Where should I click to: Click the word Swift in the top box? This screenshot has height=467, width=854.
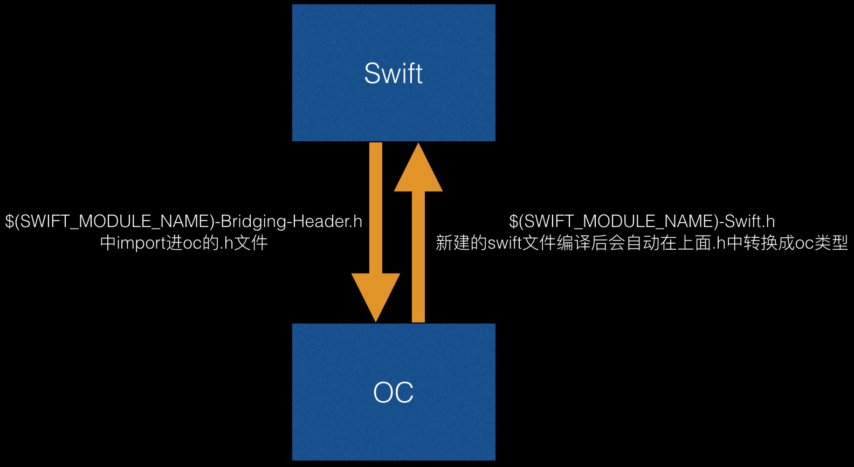[x=393, y=73]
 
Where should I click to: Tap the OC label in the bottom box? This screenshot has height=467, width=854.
[x=393, y=392]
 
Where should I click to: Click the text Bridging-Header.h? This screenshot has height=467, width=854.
[x=292, y=222]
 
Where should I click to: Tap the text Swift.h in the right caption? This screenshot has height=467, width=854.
[x=750, y=222]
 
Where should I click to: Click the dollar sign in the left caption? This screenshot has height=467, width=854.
[x=10, y=222]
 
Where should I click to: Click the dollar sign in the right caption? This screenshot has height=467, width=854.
[x=514, y=222]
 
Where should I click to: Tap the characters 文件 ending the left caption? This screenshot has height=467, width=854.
[x=251, y=243]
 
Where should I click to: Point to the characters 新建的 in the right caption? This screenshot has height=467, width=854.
[x=461, y=243]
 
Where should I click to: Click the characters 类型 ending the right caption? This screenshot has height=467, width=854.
[x=831, y=243]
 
